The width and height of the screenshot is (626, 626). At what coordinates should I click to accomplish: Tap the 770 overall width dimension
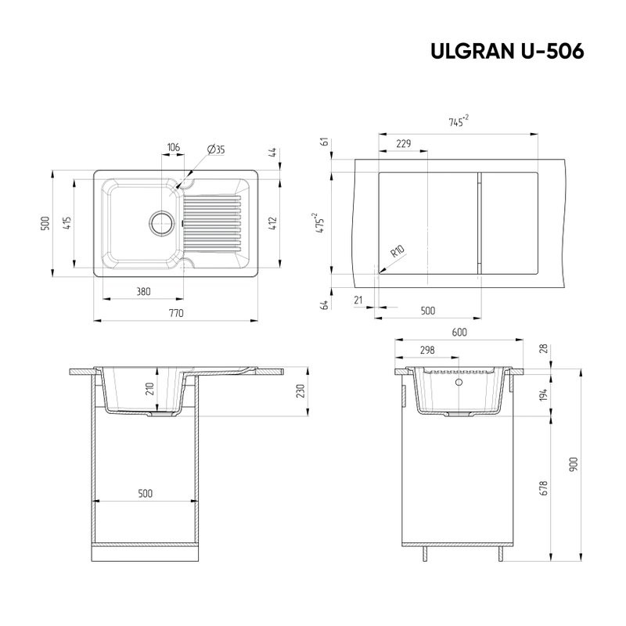point(176,313)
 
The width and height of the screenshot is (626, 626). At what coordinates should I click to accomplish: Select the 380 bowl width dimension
point(143,291)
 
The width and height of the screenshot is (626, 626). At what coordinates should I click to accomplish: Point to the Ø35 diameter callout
point(217,149)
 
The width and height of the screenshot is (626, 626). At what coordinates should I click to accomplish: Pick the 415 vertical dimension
point(69,224)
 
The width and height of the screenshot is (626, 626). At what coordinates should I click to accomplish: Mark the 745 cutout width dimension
point(458,122)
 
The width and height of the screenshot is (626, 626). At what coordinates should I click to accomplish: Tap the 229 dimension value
point(404,143)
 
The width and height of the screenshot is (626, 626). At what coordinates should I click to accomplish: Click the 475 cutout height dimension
point(321,224)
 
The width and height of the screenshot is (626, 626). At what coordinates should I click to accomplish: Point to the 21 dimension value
point(358,300)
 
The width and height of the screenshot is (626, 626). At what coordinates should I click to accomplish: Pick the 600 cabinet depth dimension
point(459,333)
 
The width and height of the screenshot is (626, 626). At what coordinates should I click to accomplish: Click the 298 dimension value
point(427,350)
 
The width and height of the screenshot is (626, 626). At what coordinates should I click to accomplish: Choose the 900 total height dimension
point(574,464)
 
